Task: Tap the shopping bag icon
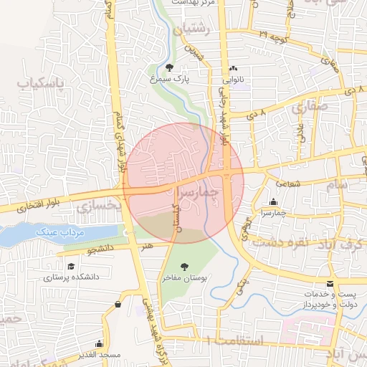118,304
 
